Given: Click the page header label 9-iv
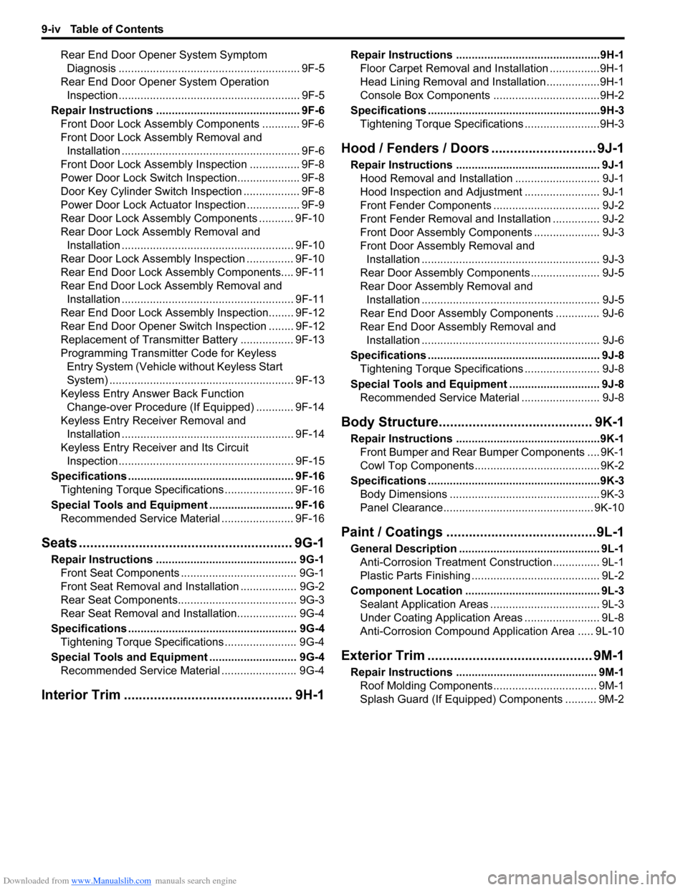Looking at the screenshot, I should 50,29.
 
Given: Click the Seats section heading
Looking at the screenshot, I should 59,543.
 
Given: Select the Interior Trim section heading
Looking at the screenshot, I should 81,695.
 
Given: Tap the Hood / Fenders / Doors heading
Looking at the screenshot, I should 415,148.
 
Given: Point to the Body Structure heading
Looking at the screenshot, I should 389,422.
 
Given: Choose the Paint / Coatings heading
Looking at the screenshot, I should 392,532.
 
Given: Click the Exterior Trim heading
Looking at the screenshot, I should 383,656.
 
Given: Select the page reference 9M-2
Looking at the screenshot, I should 611,699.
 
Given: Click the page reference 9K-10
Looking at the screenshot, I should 608,508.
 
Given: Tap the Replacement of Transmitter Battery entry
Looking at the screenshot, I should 149,340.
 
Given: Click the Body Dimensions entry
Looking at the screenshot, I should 403,494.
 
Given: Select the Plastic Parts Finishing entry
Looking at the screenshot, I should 415,576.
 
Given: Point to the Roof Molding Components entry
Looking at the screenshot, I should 426,686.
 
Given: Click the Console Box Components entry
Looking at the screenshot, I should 425,96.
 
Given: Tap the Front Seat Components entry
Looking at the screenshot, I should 120,573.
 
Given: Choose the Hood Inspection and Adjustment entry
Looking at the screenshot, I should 441,192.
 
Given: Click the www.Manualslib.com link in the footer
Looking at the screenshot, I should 111,881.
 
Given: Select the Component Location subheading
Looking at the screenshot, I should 406,591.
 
